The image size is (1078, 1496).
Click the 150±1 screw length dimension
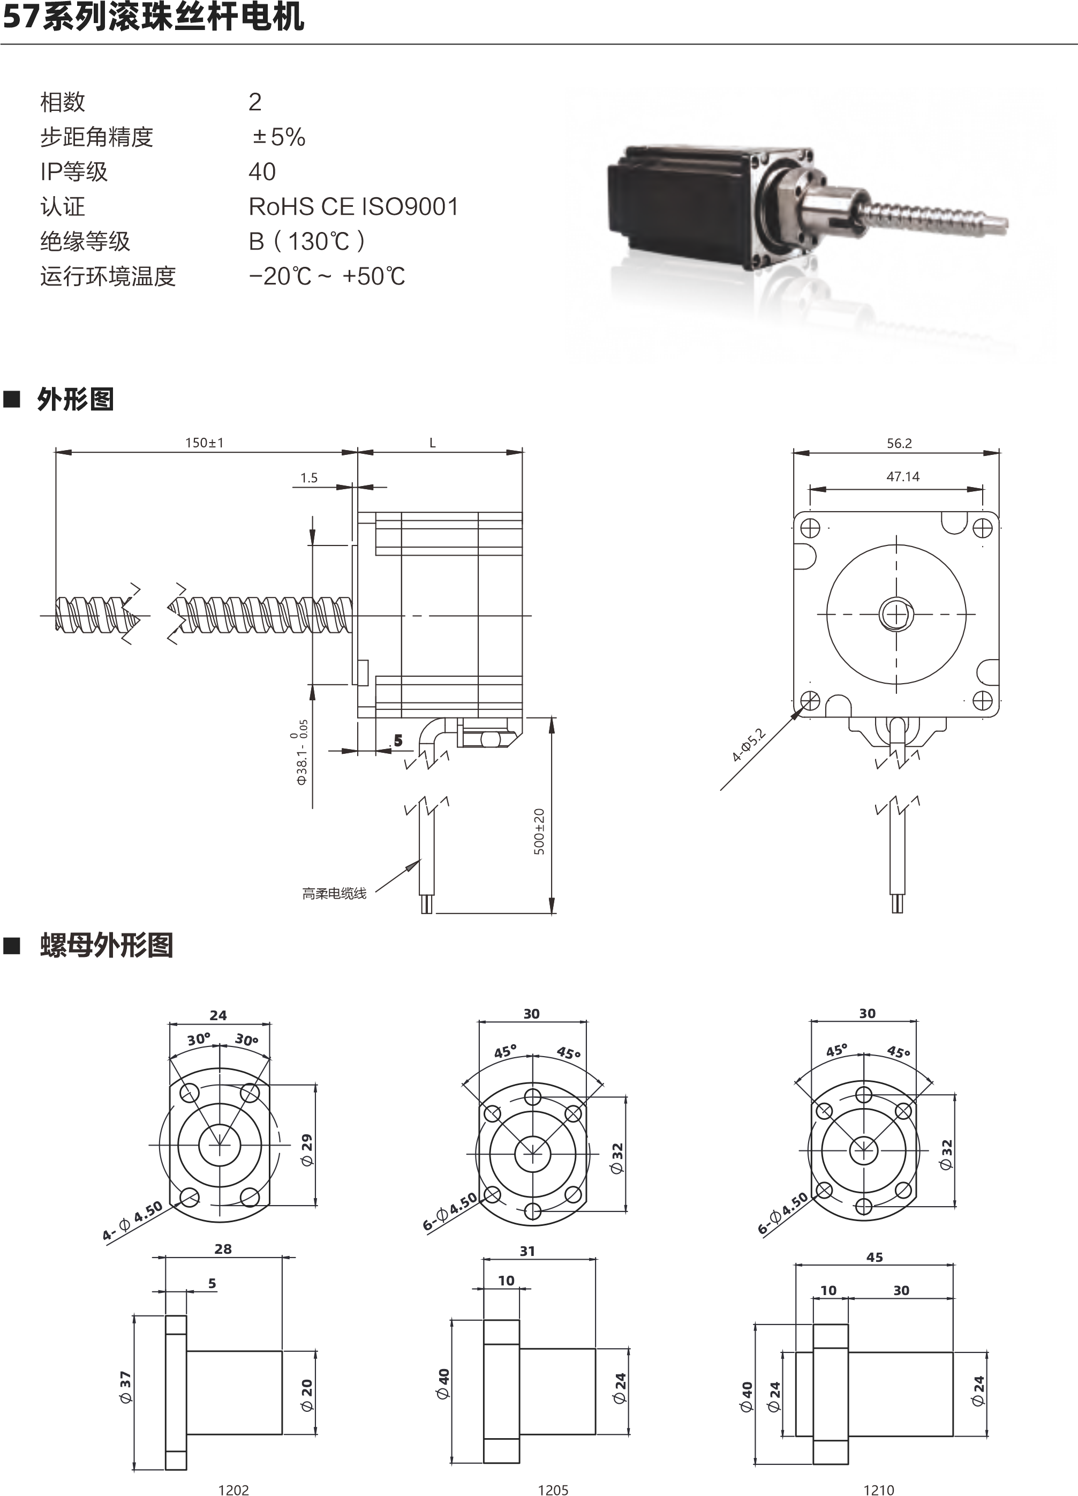point(205,443)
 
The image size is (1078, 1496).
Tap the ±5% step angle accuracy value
point(279,137)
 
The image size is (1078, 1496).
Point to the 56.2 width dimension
point(899,443)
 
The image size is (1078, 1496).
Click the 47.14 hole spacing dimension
point(903,476)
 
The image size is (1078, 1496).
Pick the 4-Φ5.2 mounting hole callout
point(748,745)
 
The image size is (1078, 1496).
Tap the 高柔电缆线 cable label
point(334,894)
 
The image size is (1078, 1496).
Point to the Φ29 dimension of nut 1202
point(307,1150)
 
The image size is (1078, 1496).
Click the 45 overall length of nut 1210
point(875,1257)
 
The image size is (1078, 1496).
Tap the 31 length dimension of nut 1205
point(527,1251)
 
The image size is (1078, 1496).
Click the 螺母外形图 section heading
point(106,945)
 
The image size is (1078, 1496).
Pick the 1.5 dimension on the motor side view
point(308,477)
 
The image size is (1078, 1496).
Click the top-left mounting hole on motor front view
point(810,528)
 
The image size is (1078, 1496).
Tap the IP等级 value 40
point(262,172)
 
